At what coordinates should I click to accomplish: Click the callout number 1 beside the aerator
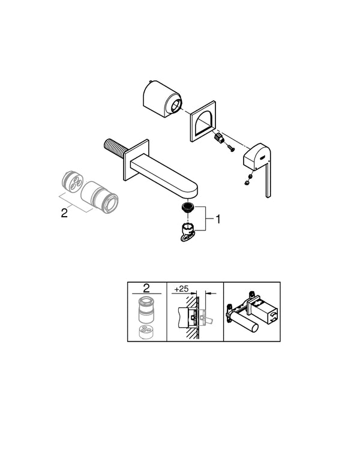[x=218, y=220]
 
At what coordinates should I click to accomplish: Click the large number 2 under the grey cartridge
[x=65, y=212]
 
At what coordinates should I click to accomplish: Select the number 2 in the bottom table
[x=146, y=289]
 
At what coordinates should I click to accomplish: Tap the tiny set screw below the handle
[x=247, y=178]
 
